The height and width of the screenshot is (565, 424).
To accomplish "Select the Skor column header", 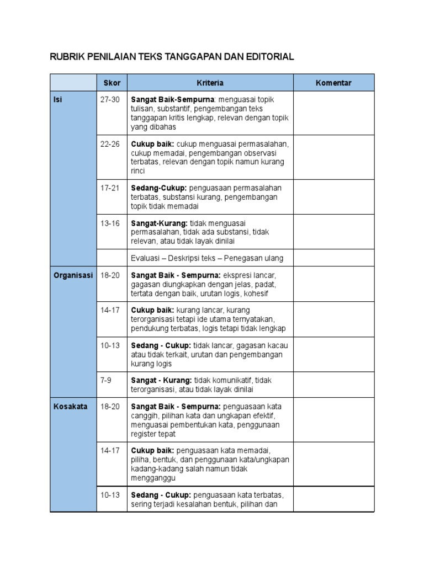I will (112, 83).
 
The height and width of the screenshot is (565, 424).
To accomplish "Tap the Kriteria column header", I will (210, 83).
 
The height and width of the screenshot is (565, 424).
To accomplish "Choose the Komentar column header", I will (333, 83).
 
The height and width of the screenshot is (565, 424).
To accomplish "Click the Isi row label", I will (57, 99).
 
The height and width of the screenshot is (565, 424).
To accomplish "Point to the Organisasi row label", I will (73, 275).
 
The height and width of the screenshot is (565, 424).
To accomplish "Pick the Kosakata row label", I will (67, 407).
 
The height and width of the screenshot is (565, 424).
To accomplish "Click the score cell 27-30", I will (110, 99).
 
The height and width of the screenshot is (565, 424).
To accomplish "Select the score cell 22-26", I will (110, 143).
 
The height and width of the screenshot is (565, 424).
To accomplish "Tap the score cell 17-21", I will (110, 188).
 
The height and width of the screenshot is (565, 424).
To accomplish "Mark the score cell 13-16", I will (110, 223).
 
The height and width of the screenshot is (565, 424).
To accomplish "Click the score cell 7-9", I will (107, 380).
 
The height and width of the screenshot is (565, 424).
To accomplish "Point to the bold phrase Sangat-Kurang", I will (155, 223).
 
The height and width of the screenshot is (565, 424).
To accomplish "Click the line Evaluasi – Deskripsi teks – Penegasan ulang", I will (207, 258).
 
